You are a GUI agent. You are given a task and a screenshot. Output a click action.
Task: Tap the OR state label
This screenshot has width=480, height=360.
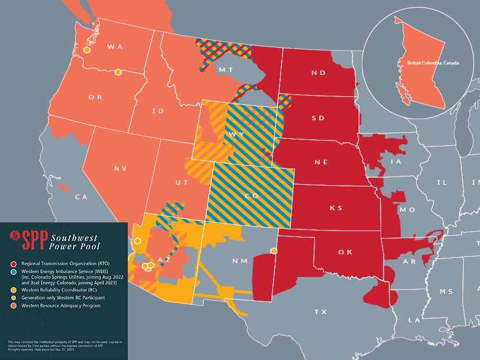[95, 97]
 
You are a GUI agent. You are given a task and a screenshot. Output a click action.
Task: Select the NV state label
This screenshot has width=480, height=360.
[120, 168]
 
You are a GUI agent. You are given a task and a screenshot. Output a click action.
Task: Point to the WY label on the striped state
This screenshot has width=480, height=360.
[237, 134]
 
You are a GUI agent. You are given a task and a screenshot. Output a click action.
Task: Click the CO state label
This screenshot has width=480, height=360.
[252, 196]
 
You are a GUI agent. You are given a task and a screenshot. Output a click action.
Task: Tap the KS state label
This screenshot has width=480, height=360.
[336, 208]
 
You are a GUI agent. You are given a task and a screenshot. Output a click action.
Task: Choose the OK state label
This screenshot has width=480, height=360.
[345, 253]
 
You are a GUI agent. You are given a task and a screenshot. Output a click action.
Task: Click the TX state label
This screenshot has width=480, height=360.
[320, 312]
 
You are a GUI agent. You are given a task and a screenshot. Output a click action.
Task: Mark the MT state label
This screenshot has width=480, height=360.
[226, 70]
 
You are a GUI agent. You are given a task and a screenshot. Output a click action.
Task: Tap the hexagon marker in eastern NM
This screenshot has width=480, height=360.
[274, 251]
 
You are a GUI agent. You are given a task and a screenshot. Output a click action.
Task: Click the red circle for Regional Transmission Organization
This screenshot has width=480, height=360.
[11, 264]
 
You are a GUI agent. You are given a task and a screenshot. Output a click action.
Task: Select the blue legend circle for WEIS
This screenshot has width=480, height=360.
[11, 272]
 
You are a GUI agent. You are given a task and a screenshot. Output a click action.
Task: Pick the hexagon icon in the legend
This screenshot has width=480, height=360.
[11, 298]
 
